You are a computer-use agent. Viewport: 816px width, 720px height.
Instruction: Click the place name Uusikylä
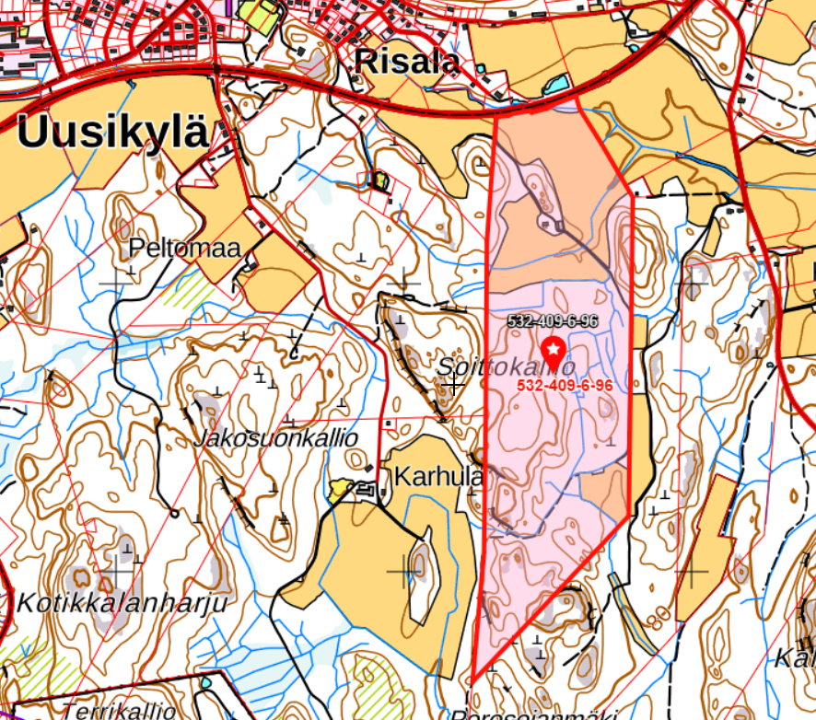click(112, 132)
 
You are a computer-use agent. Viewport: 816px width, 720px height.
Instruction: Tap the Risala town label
click(407, 62)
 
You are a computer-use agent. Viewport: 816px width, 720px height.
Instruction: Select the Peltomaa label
click(184, 248)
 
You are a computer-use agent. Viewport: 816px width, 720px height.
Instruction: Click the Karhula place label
click(438, 477)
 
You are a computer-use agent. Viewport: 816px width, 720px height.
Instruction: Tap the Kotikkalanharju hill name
click(122, 603)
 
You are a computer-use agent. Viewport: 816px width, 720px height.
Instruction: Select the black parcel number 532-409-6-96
click(553, 321)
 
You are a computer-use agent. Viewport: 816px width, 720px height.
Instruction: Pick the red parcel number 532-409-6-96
click(565, 386)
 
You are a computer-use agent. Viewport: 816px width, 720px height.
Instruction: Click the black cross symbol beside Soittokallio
click(453, 383)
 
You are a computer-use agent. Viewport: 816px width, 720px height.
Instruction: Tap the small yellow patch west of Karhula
click(340, 490)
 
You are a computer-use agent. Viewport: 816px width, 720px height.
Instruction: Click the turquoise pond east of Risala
click(556, 86)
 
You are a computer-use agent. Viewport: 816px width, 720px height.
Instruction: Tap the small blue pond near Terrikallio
click(206, 682)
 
